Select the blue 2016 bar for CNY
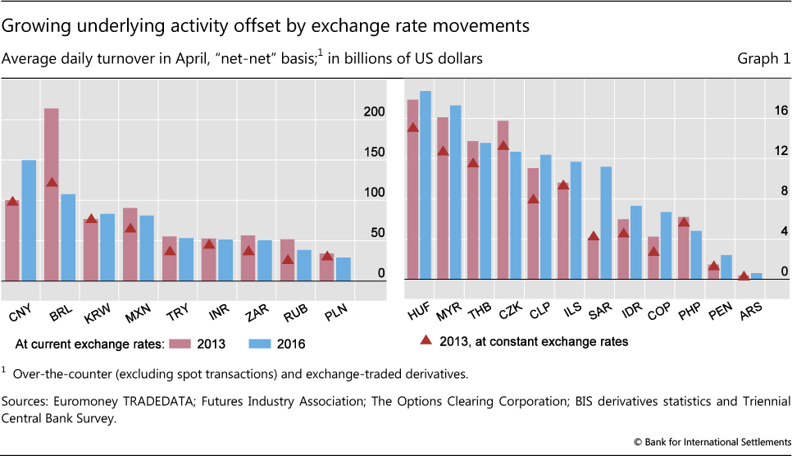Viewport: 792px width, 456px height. point(29,220)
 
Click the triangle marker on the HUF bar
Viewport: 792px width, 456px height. point(413,127)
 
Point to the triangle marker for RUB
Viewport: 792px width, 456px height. point(288,259)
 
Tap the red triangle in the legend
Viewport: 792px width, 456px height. point(425,340)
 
